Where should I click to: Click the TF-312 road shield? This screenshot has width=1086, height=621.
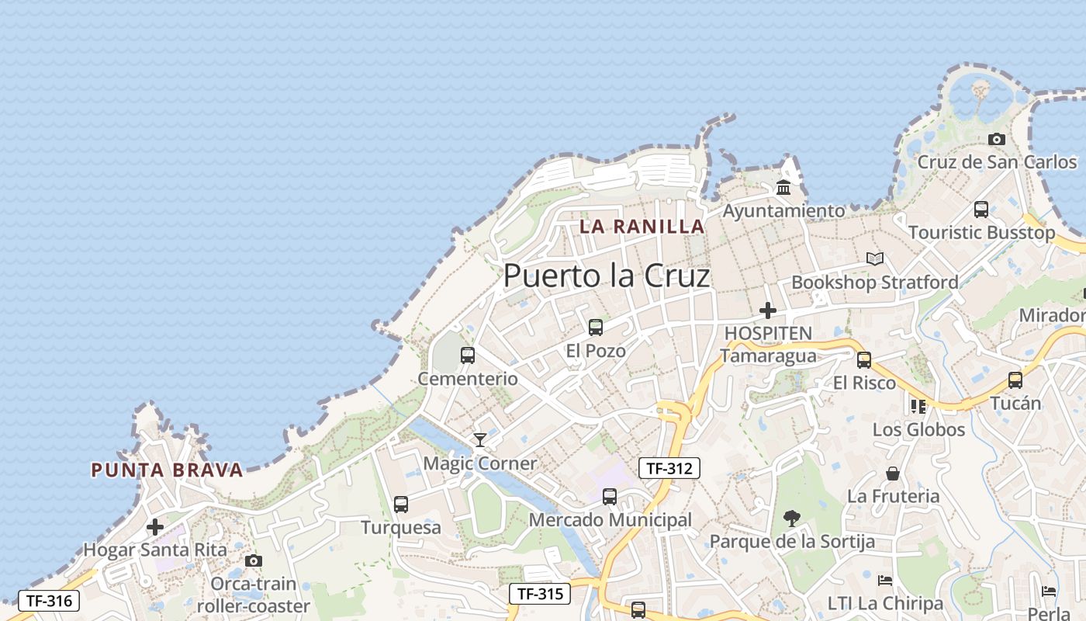(669, 468)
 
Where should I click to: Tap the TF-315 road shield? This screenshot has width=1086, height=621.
(540, 594)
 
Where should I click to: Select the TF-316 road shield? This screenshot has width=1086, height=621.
(48, 600)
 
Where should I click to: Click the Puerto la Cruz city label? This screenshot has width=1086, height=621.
(607, 276)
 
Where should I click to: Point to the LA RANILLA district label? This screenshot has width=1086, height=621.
(642, 227)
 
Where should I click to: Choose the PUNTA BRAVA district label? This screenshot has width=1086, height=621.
(167, 470)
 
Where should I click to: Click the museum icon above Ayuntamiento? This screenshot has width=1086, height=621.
(783, 188)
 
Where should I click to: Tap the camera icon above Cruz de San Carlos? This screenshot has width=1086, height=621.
(997, 140)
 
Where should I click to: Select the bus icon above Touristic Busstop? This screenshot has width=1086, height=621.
(981, 210)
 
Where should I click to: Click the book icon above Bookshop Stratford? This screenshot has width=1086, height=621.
(875, 259)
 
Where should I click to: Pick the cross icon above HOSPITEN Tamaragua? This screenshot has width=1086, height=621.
(768, 310)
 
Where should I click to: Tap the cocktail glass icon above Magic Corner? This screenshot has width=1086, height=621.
(480, 440)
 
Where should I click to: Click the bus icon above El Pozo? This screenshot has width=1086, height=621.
(596, 328)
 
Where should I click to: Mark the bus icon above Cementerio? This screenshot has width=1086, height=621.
(468, 356)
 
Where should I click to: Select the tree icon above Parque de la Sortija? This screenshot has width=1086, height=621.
(792, 518)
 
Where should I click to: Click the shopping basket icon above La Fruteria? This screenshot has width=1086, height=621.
(893, 473)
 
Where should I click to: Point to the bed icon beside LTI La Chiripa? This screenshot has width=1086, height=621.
(885, 581)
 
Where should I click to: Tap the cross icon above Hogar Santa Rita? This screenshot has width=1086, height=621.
(155, 527)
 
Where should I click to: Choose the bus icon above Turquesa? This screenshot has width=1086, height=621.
(401, 505)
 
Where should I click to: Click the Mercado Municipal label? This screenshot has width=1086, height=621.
(610, 520)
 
